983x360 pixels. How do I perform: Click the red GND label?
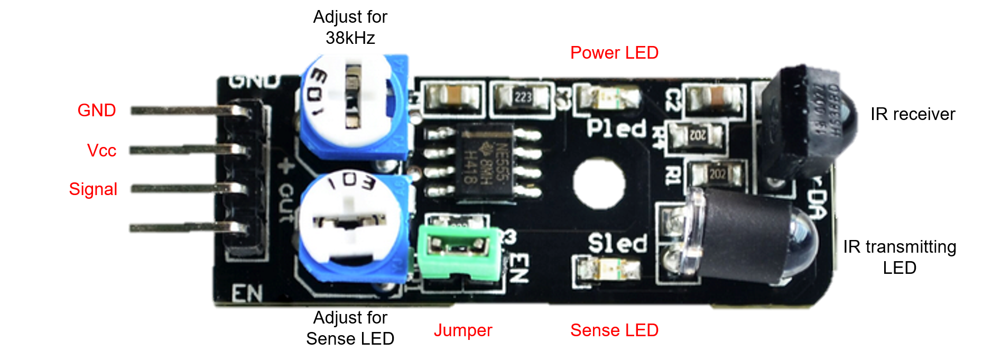pyautogui.click(x=97, y=110)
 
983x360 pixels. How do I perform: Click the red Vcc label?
pyautogui.click(x=101, y=150)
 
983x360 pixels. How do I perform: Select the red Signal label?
pyautogui.click(x=93, y=189)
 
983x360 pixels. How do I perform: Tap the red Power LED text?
pyautogui.click(x=614, y=53)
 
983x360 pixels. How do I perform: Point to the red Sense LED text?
pyautogui.click(x=614, y=330)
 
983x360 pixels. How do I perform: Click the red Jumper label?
pyautogui.click(x=463, y=330)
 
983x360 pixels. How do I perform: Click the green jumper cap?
pyautogui.click(x=458, y=251)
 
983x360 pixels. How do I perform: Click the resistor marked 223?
pyautogui.click(x=522, y=97)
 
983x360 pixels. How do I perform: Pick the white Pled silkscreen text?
pyautogui.click(x=616, y=128)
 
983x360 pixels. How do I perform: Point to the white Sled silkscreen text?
pyautogui.click(x=617, y=244)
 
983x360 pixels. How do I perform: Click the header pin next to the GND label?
pyautogui.click(x=185, y=110)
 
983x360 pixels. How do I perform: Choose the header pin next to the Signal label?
pyautogui.click(x=185, y=189)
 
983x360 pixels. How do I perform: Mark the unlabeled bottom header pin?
pyautogui.click(x=185, y=228)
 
